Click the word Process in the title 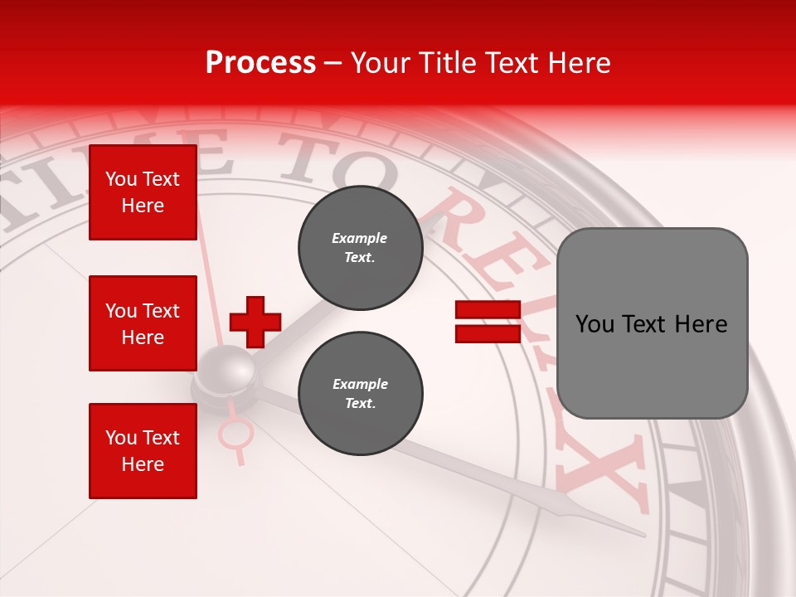coord(260,63)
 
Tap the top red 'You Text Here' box coord(143,192)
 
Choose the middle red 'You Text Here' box coord(143,323)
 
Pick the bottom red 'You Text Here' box coord(143,450)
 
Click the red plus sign coord(255,322)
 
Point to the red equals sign coord(488,322)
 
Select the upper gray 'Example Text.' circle coord(360,248)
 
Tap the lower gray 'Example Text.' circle coord(360,394)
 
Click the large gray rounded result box coord(652,323)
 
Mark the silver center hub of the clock coord(226,371)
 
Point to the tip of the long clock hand coord(643,535)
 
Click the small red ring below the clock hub coord(235,432)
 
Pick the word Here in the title coord(579,63)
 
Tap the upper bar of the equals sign coord(488,310)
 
